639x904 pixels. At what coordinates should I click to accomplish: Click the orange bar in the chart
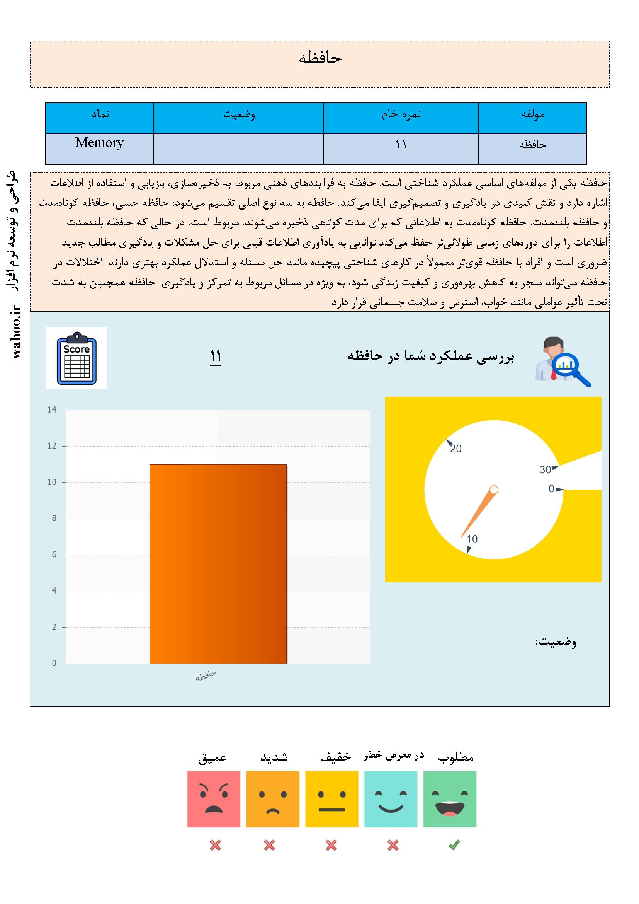pyautogui.click(x=218, y=564)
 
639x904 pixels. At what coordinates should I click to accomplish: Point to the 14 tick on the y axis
pyautogui.click(x=52, y=409)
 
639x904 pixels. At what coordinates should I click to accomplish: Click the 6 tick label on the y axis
pyautogui.click(x=54, y=555)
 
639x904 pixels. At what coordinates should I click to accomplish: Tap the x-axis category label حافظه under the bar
pyautogui.click(x=206, y=675)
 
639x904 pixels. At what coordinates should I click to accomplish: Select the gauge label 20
pyautogui.click(x=455, y=449)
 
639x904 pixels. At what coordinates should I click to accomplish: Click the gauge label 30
pyautogui.click(x=545, y=470)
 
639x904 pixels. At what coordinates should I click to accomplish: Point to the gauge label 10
pyautogui.click(x=472, y=539)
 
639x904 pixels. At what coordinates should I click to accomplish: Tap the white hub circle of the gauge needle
pyautogui.click(x=494, y=490)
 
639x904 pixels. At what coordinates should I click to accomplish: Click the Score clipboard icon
pyautogui.click(x=76, y=358)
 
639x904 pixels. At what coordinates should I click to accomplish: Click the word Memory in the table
pyautogui.click(x=99, y=143)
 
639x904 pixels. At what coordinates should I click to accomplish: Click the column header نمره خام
pyautogui.click(x=401, y=114)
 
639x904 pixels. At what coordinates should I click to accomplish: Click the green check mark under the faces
pyautogui.click(x=454, y=845)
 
